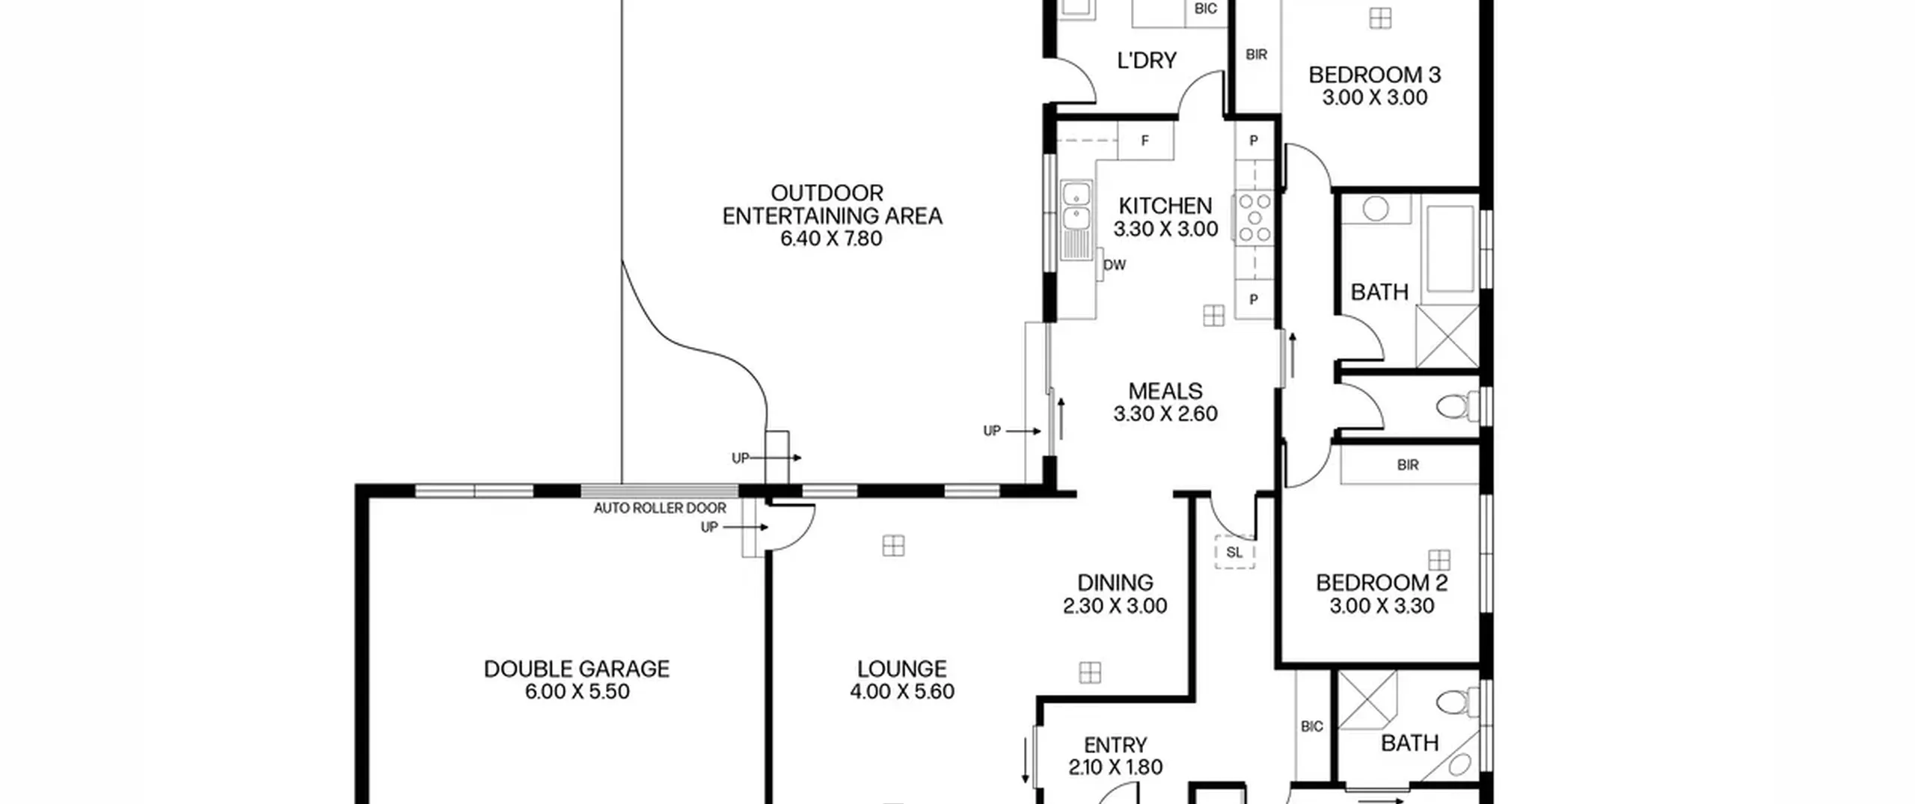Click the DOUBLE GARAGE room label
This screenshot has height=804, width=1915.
click(577, 669)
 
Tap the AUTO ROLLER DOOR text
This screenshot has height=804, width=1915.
click(660, 509)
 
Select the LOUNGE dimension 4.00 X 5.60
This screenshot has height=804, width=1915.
click(902, 692)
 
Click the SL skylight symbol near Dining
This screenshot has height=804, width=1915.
click(1234, 553)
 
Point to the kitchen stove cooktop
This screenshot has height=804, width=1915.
click(1254, 218)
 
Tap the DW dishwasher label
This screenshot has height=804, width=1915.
click(1115, 265)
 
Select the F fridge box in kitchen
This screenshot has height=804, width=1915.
click(1145, 141)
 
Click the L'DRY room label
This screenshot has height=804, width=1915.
click(1147, 61)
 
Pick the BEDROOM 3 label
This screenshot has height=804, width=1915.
click(1375, 75)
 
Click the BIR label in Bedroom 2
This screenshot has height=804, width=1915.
click(1408, 465)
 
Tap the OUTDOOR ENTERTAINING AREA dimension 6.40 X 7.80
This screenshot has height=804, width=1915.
click(832, 239)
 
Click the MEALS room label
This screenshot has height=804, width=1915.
click(1165, 391)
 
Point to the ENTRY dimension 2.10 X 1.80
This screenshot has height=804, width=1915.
click(1115, 767)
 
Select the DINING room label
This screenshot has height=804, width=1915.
click(1115, 583)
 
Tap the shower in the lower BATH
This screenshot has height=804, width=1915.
click(1367, 700)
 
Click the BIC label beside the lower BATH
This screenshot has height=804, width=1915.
click(1312, 726)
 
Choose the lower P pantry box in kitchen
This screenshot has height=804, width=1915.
click(1254, 300)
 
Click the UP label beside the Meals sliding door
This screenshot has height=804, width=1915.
click(992, 431)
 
